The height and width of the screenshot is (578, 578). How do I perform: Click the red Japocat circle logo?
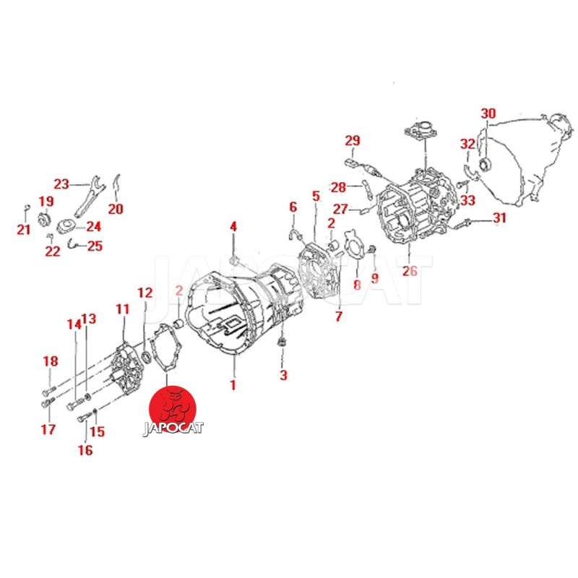click(172, 408)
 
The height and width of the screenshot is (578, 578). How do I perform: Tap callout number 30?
click(488, 113)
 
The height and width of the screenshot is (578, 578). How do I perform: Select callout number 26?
click(410, 271)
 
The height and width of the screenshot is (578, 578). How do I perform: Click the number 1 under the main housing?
click(233, 385)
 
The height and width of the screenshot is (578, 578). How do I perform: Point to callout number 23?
click(61, 184)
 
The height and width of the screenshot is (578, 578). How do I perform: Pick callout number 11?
click(122, 309)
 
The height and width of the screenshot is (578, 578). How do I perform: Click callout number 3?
click(283, 375)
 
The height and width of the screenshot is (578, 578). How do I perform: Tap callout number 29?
click(353, 140)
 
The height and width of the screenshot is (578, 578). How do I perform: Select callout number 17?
click(48, 429)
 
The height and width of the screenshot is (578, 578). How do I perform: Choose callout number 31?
click(499, 217)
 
